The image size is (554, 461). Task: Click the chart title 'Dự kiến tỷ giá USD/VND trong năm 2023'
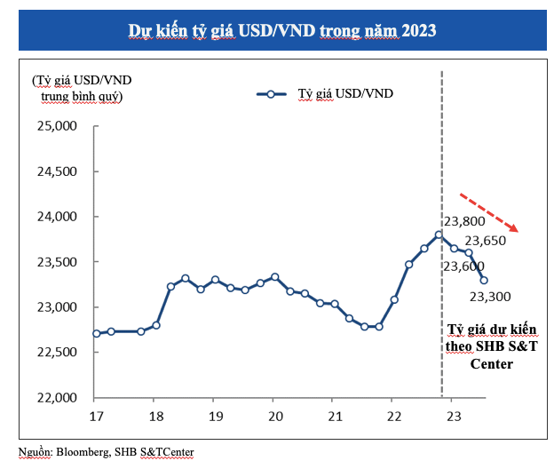click(281, 29)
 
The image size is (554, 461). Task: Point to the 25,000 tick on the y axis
click(58, 126)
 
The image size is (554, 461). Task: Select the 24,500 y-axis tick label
click(58, 171)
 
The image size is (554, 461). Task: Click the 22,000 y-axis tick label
click(58, 397)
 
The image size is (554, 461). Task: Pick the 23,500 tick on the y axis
click(58, 262)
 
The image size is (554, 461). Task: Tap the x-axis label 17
click(95, 416)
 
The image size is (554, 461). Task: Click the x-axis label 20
click(274, 416)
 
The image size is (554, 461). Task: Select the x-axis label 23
click(453, 416)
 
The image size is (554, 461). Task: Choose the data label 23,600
click(463, 266)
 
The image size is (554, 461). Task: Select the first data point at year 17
click(96, 333)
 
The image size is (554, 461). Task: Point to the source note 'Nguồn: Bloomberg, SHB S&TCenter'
click(106, 451)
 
